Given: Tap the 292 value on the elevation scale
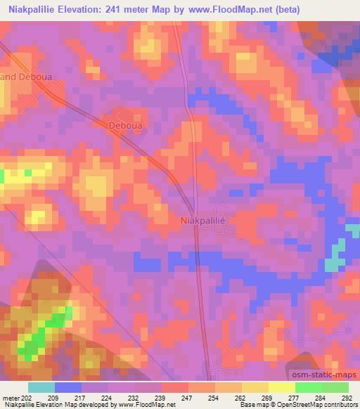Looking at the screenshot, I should click(348, 399).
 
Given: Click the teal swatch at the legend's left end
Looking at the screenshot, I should click(41, 387).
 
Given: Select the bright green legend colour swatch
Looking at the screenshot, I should click(308, 387).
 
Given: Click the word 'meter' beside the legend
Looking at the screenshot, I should click(10, 399).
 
